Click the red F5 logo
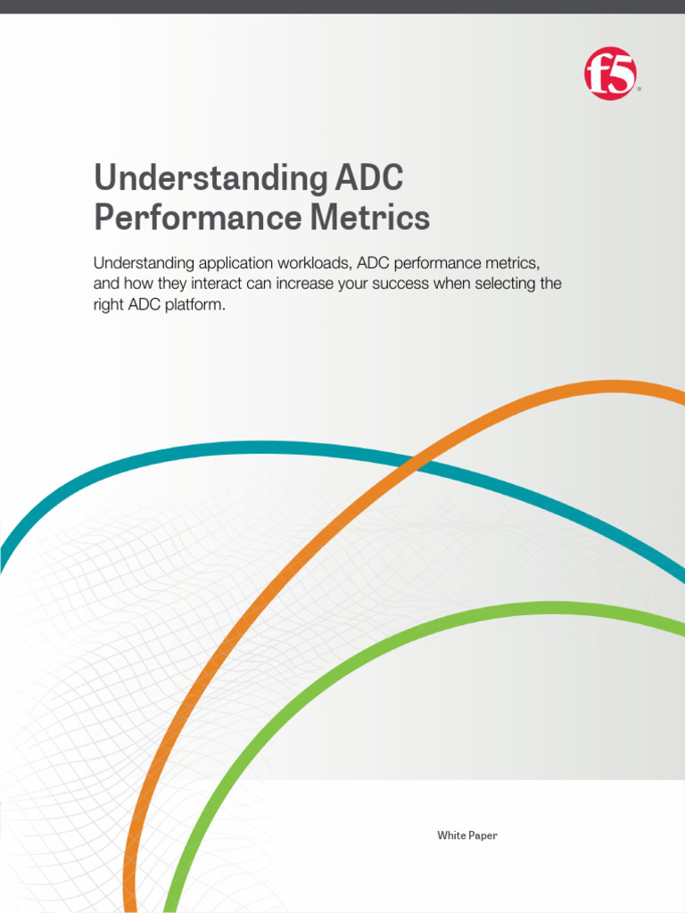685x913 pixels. click(611, 74)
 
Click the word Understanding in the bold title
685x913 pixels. click(210, 178)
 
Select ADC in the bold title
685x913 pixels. click(369, 178)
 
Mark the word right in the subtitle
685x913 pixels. click(109, 304)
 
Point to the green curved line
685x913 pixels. click(357, 660)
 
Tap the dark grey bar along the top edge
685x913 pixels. click(342, 6)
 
